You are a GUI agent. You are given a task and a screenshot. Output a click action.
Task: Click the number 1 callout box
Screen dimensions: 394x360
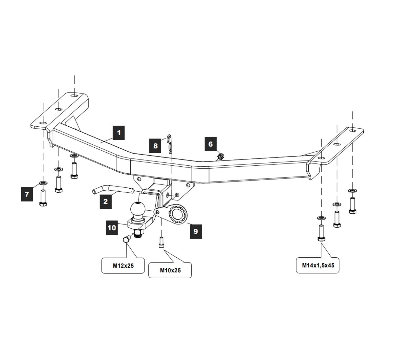coord(119,133)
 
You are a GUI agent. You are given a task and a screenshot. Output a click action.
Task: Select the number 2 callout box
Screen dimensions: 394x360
coord(106,201)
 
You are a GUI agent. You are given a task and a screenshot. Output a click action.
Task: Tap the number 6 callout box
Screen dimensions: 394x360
coord(210,144)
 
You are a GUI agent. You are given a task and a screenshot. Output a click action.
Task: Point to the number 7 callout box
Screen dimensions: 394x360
coord(27,194)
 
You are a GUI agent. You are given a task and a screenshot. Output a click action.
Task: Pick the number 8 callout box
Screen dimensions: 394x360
coord(155,146)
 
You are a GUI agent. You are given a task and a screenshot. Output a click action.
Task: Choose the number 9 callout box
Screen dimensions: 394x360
coord(196,231)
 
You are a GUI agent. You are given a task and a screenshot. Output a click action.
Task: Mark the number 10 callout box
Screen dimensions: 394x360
coord(112,228)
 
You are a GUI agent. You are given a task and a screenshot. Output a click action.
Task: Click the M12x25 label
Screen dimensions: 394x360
coord(123,266)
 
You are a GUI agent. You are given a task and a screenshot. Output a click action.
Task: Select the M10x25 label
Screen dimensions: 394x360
coord(170,270)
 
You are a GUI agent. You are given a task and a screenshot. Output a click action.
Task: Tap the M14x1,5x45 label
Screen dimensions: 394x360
coord(318,265)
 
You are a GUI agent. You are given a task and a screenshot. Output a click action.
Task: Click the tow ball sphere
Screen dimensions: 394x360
coord(138,209)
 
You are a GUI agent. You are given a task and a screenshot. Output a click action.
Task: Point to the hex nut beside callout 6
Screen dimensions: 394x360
coord(221,156)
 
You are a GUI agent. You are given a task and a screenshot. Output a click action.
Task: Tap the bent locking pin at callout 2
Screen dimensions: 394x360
coord(113,190)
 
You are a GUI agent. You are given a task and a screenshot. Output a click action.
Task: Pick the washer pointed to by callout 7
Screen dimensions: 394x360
coord(43,183)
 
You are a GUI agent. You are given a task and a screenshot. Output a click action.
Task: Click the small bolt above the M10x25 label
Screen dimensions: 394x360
coord(162,243)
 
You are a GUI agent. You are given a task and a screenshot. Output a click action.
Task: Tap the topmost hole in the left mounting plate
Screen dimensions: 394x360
coord(74,95)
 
